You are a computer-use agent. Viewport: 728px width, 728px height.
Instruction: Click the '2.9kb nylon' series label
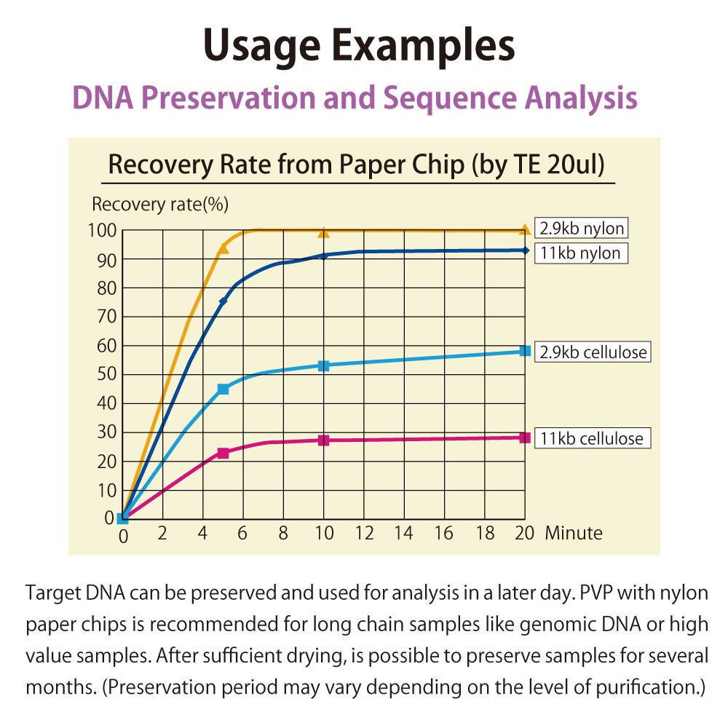[x=582, y=229]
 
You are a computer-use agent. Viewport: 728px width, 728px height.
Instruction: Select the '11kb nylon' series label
[x=580, y=253]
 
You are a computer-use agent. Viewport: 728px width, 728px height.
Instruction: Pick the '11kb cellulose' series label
[x=591, y=438]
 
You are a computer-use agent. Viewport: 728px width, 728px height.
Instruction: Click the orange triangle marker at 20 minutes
[x=524, y=230]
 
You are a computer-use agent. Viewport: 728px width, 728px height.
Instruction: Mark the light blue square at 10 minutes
[x=324, y=365]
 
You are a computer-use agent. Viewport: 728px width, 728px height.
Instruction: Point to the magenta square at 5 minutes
[x=223, y=453]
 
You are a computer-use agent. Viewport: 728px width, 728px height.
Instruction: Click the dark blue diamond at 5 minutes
[x=223, y=301]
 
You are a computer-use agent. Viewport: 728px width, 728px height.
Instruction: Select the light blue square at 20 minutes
[x=524, y=351]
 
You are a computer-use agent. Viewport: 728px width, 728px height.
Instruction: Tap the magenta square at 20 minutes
[x=524, y=438]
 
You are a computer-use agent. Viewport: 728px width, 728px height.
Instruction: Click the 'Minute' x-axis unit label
[x=574, y=534]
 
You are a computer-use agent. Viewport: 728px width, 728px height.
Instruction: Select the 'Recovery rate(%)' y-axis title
[x=160, y=205]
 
